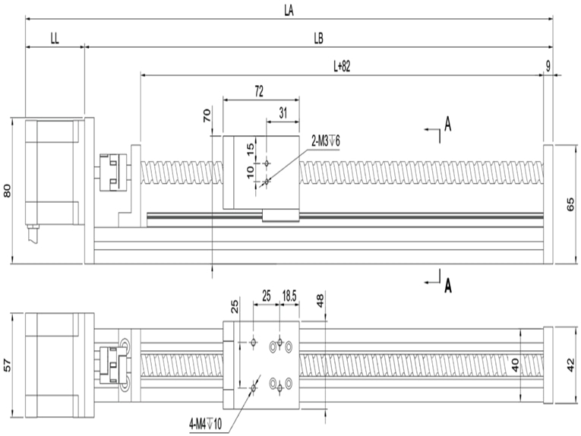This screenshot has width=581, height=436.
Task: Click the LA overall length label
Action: (289, 11)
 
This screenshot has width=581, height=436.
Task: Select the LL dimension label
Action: (55, 39)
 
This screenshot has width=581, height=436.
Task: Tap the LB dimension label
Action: (318, 38)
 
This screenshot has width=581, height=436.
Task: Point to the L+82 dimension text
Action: (342, 66)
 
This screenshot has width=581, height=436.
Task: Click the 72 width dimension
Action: (259, 91)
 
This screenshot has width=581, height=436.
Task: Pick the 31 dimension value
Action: (283, 113)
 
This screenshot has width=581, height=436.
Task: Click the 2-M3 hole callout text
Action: (326, 141)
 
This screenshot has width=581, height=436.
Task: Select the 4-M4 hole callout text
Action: (205, 424)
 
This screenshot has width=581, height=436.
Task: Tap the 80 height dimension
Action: (8, 191)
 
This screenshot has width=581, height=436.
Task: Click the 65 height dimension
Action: (571, 204)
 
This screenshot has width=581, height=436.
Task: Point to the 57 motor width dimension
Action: (8, 365)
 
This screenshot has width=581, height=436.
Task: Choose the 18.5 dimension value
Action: (289, 296)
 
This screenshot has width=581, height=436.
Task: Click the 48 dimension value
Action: (320, 301)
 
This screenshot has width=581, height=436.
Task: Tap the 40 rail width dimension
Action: (516, 365)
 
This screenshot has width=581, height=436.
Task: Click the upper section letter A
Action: (448, 124)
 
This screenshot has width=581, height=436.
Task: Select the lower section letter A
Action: (448, 286)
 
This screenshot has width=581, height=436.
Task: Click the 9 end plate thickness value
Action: (548, 66)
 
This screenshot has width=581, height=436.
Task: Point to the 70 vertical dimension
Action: (207, 115)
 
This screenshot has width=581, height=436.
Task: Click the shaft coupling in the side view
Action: (114, 172)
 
